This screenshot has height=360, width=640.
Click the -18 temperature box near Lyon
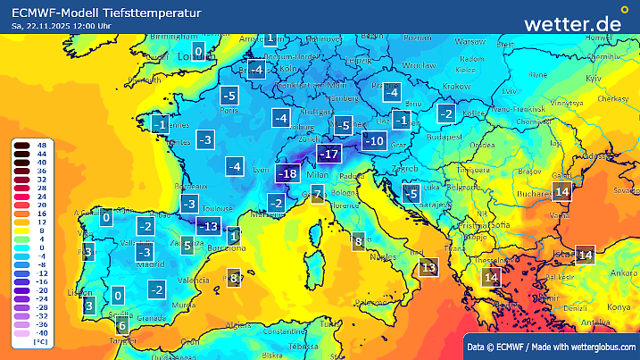point(288,173)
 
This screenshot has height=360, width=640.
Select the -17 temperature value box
point(330,155)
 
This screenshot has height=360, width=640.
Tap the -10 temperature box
point(375,140)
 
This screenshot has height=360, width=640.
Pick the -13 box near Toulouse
point(208,226)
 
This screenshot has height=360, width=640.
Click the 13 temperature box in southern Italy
point(429,266)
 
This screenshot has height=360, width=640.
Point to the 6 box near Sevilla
point(121,327)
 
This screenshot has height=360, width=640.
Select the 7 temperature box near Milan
point(318,195)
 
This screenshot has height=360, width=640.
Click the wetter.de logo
point(571,23)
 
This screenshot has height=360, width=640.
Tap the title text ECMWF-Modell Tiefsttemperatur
point(106,13)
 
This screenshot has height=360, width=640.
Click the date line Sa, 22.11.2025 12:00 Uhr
point(63,27)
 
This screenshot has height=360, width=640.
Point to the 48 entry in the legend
point(41,145)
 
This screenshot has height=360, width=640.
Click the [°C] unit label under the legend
point(40,342)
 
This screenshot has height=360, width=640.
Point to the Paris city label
point(229,112)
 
